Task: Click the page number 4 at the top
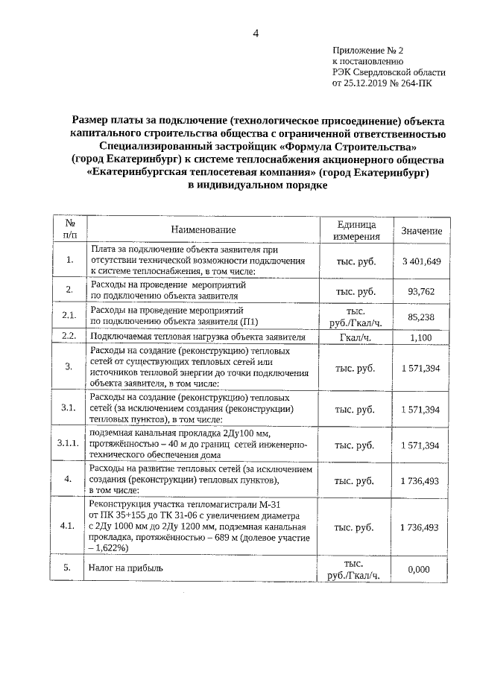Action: pos(256,34)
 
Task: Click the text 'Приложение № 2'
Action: pos(367,50)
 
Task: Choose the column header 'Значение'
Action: pos(421,231)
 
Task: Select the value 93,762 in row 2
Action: pos(421,290)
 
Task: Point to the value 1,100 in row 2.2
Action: pos(421,337)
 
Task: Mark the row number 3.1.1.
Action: pos(69,445)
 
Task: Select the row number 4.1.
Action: pos(69,527)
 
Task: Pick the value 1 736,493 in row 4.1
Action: pos(421,527)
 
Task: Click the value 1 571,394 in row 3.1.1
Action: pos(421,445)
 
